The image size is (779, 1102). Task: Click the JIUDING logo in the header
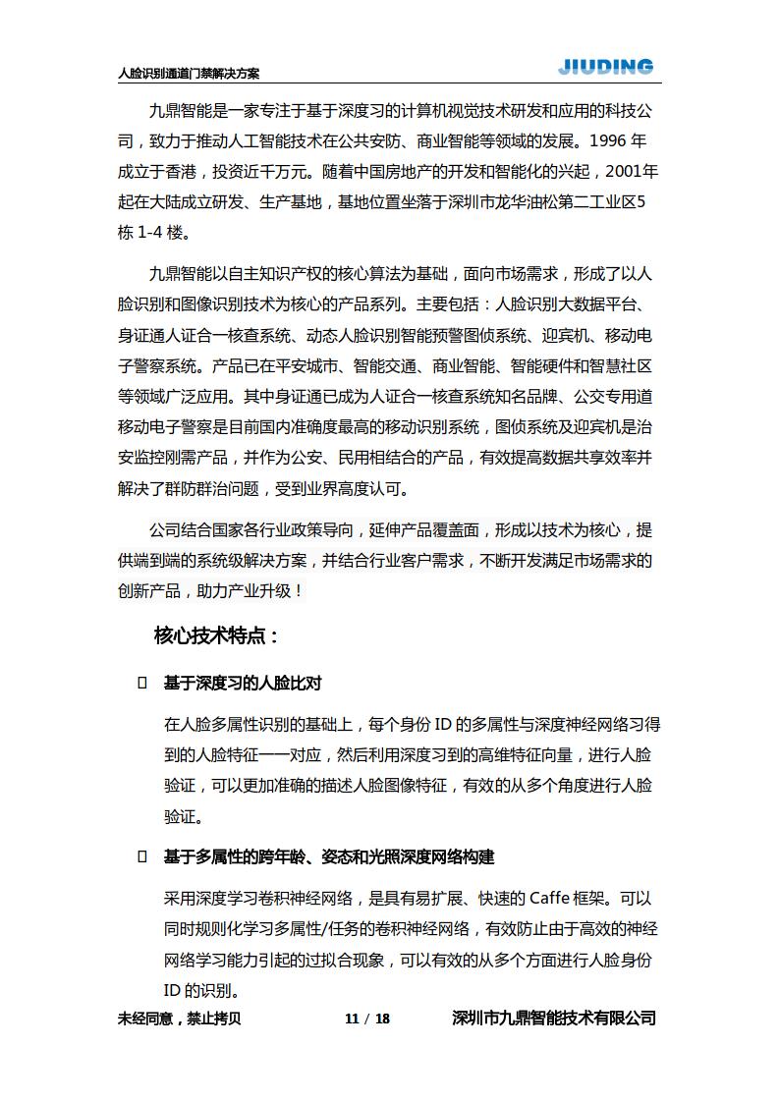point(605,67)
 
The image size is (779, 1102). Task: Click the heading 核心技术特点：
point(217,635)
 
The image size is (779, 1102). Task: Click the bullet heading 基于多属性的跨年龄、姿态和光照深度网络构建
point(329,857)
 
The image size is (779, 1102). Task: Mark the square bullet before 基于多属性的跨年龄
point(142,857)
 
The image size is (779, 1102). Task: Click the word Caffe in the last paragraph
point(556,899)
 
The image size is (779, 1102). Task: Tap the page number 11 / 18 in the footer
point(367,1019)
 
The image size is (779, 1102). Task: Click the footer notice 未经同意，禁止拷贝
point(179,1019)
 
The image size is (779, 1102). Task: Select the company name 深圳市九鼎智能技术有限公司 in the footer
point(553,1019)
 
